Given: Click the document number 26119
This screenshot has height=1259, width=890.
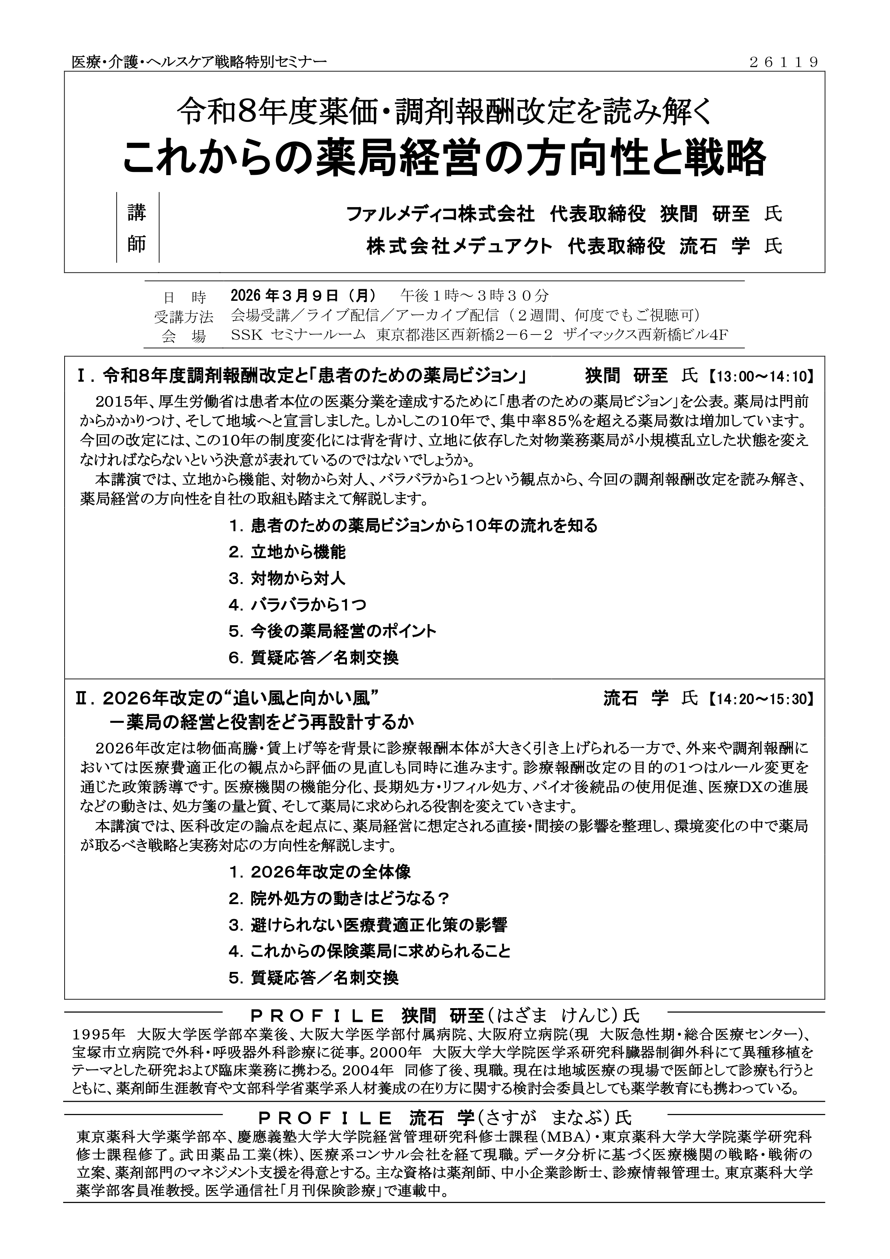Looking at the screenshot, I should coord(784,62).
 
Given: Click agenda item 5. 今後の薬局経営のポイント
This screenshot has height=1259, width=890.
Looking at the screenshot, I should coord(333,631).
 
